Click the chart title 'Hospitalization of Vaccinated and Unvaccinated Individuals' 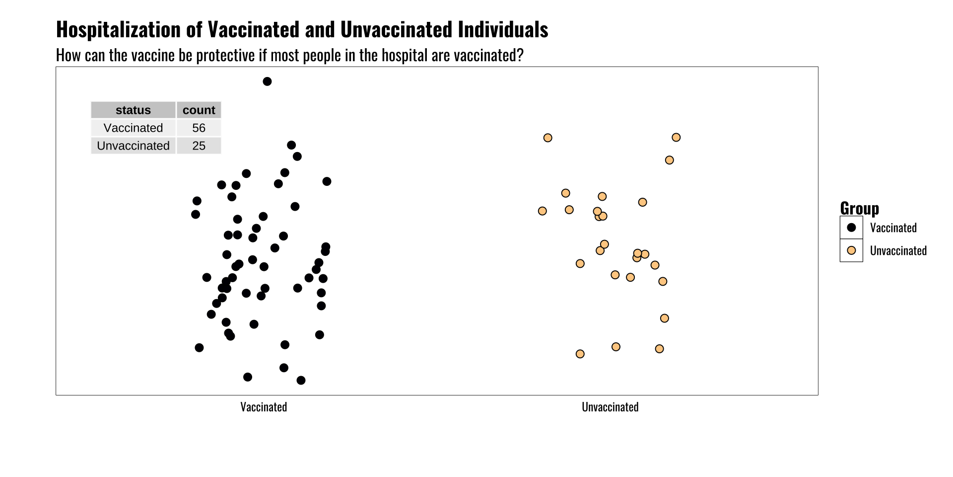(x=302, y=30)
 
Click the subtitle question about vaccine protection (x=289, y=55)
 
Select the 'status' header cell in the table (x=133, y=110)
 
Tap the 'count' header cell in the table (x=199, y=110)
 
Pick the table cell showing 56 (x=199, y=128)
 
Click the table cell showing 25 (x=199, y=146)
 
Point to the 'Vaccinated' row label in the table (x=133, y=128)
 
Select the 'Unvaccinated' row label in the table (x=133, y=146)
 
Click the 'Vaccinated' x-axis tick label (x=264, y=407)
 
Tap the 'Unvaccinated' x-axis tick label (x=610, y=407)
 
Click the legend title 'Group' (x=859, y=208)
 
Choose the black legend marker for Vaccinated (x=851, y=228)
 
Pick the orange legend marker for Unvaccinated (x=851, y=250)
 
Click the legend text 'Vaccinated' (x=893, y=228)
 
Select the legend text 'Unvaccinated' (x=898, y=250)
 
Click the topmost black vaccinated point (x=267, y=81)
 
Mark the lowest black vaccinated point (x=301, y=381)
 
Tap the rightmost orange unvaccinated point (x=676, y=137)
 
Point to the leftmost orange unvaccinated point (x=543, y=211)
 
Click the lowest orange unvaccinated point (x=580, y=354)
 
